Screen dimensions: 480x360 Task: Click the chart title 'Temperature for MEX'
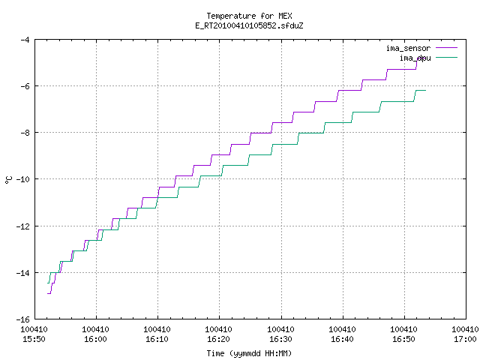(249, 16)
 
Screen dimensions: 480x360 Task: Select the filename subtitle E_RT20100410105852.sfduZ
(249, 25)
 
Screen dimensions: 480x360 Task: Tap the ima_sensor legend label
(408, 48)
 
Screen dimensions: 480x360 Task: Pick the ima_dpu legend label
(415, 58)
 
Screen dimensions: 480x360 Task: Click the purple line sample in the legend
(446, 48)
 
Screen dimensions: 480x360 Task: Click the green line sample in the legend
(446, 57)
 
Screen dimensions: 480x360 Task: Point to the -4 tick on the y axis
(25, 40)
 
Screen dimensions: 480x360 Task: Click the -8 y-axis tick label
(25, 133)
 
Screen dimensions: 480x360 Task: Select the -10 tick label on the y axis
(22, 179)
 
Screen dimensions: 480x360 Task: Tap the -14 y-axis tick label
(22, 272)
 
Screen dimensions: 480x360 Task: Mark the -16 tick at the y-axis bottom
(22, 319)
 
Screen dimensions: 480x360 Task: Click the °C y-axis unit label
(8, 180)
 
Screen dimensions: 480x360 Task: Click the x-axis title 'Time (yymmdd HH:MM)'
(249, 353)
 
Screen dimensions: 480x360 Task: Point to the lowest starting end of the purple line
(47, 293)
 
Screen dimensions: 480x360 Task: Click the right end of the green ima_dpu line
(425, 90)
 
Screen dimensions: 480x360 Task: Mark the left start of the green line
(47, 283)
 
